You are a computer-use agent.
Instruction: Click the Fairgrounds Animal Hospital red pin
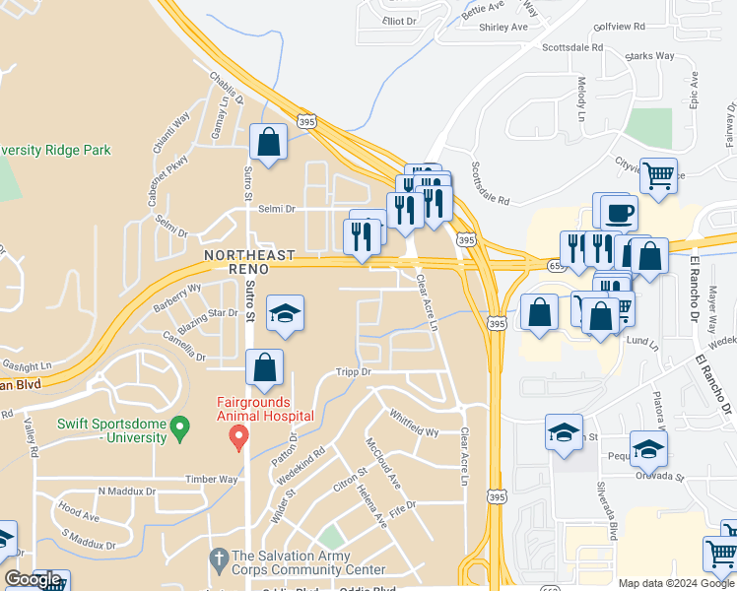tap(237, 436)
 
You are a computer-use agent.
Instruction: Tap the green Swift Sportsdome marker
tap(179, 427)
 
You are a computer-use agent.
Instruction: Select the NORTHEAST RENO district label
tap(249, 262)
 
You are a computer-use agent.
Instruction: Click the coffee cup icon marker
tap(618, 213)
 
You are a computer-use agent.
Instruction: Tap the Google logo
tap(33, 580)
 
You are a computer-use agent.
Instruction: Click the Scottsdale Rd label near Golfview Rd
tap(572, 46)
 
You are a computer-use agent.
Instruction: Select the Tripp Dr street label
tap(352, 372)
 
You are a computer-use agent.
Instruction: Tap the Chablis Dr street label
tap(226, 89)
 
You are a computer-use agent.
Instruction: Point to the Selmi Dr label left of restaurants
tap(277, 209)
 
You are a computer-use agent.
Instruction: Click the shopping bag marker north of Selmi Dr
tap(268, 143)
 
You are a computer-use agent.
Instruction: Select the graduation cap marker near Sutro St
tap(285, 314)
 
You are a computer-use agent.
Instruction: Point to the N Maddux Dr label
tap(127, 491)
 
